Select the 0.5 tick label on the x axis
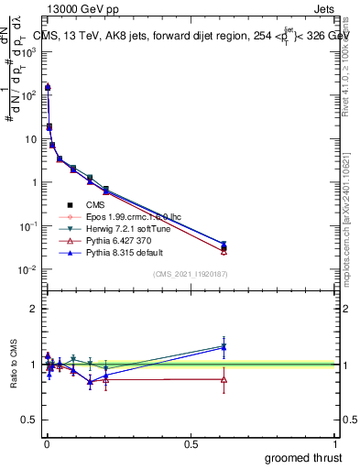click(x=191, y=443)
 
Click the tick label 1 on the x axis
click(x=336, y=443)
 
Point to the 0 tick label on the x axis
click(x=46, y=443)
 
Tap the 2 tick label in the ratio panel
click(x=32, y=309)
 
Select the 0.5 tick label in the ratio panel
click(x=28, y=420)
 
